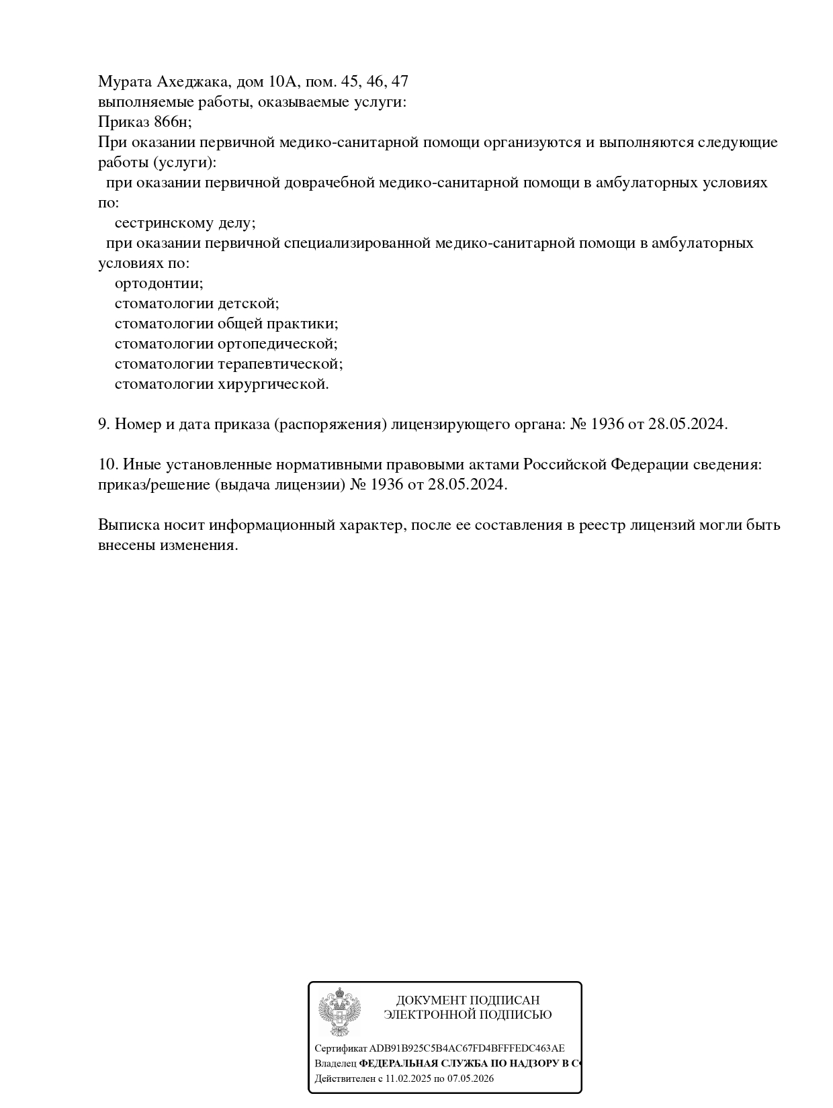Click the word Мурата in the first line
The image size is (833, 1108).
[125, 82]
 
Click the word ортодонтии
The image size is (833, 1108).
[159, 283]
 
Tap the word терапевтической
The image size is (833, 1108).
[281, 364]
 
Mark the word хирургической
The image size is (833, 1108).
[273, 384]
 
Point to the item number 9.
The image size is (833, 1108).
[103, 424]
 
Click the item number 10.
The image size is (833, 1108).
[107, 465]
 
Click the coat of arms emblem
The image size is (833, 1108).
[339, 1011]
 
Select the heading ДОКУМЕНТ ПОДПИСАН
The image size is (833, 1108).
[468, 1000]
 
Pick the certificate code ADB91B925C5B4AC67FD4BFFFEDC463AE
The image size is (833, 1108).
[467, 1048]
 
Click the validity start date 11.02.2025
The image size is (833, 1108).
[408, 1078]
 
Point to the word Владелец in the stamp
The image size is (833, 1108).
[335, 1064]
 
